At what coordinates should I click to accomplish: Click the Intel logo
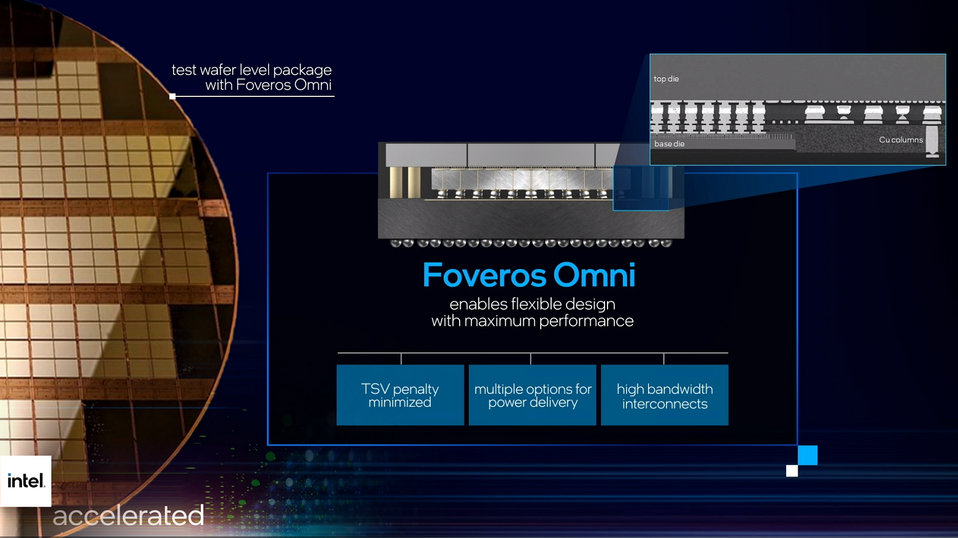26,481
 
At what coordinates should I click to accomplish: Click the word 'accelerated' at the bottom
128,515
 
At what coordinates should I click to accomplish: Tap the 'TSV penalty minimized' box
400,394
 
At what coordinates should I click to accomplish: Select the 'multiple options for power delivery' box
533,394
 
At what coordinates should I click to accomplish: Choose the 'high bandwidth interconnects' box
665,394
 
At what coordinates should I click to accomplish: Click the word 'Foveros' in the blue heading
484,275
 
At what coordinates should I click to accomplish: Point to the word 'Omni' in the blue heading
595,275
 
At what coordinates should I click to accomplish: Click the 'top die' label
666,79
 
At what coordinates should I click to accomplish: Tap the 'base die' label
670,144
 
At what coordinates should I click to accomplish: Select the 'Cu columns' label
901,140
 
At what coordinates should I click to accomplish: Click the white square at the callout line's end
172,96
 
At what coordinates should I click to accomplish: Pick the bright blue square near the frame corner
808,455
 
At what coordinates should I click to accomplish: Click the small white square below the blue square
792,471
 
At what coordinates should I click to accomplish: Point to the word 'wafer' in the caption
217,70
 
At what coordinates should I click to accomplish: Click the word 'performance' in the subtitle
586,321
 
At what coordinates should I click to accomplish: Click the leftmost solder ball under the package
396,244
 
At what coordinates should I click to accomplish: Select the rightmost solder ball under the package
666,244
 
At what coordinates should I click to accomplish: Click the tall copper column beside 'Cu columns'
932,141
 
